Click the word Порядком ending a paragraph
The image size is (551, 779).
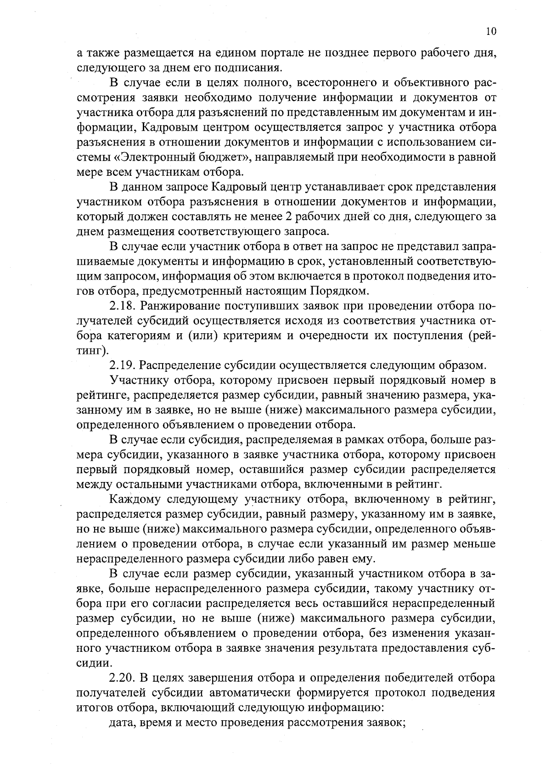coord(339,291)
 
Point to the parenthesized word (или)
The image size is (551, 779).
coord(202,336)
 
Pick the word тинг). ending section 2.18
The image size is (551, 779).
coord(92,351)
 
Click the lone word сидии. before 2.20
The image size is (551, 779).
coord(94,663)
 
